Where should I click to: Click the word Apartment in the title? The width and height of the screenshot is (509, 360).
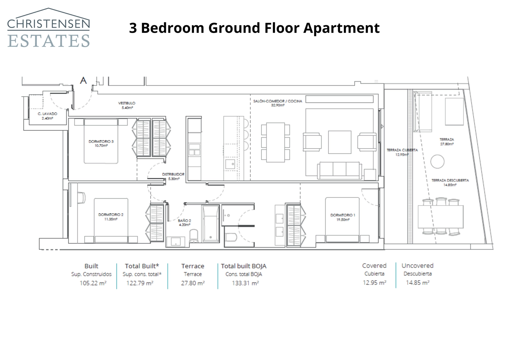coord(341,28)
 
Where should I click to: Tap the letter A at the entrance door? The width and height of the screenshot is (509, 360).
coord(83,80)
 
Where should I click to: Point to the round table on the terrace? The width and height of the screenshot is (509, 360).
coord(437,161)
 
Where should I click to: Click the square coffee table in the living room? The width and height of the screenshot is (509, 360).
coord(339,142)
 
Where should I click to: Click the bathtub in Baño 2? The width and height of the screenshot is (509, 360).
coord(210,224)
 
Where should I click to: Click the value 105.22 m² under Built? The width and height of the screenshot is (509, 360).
coord(93,283)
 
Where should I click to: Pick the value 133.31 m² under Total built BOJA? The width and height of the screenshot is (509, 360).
coord(245,283)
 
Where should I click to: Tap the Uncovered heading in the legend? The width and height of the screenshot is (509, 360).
coord(417,265)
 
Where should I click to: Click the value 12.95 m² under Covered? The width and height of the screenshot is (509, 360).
coord(374,282)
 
